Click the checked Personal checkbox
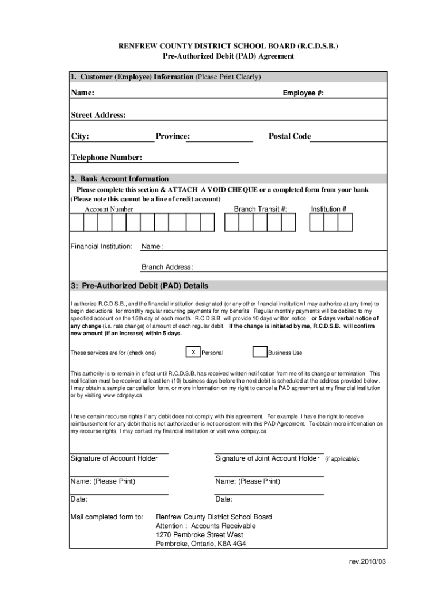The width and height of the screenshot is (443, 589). pos(193,352)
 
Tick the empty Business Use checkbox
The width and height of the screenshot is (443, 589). pos(259,352)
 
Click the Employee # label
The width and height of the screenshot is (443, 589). pos(303,93)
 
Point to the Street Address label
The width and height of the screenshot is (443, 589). pos(98,115)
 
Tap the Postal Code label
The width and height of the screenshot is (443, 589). pos(289,136)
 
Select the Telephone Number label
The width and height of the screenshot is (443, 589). pos(106,158)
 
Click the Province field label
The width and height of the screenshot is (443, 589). pos(173,136)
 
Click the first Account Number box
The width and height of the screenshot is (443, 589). pos(77,222)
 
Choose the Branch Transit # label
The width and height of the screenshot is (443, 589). pos(260,209)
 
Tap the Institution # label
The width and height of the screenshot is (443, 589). pos(329,209)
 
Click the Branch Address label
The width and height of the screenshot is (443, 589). pos(167,267)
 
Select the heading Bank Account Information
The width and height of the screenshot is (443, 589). pos(120,179)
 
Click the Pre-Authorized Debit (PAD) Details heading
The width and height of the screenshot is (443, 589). pos(139,286)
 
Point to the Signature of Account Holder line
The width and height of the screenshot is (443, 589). pos(119,453)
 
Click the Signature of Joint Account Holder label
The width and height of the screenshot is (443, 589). pos(267,458)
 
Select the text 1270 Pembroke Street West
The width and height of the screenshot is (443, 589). pos(200,535)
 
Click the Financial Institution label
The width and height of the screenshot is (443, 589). pos(101,246)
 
